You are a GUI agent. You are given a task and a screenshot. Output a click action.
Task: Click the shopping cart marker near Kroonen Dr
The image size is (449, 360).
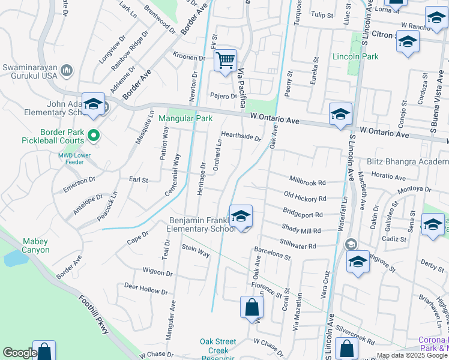[x=225, y=61]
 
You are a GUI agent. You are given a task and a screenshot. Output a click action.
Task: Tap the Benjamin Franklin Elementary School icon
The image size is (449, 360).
[x=241, y=217]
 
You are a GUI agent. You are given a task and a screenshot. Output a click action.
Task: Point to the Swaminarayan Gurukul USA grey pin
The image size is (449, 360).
[x=67, y=71]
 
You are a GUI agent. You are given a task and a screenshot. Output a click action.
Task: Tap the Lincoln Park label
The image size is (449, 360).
[x=355, y=56]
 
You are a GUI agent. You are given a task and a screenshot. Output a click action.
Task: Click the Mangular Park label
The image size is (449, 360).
[x=185, y=118]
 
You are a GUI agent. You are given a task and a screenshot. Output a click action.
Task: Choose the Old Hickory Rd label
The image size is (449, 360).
[x=305, y=197]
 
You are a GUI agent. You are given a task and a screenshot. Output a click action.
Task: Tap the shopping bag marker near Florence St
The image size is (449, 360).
[x=252, y=308]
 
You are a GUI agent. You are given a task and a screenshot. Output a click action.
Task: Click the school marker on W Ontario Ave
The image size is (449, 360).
[x=340, y=114]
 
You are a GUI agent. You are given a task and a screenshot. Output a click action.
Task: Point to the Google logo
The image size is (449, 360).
[x=19, y=353]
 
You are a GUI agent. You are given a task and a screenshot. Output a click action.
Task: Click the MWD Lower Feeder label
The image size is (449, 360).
[x=74, y=158]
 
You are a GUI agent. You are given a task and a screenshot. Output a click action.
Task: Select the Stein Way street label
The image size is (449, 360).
[x=196, y=251]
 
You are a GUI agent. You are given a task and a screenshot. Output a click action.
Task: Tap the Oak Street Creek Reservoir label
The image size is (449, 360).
[x=217, y=350]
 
